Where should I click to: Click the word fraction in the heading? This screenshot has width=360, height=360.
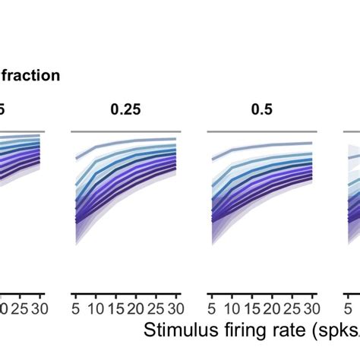30,75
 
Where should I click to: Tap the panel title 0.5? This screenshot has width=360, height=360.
262,109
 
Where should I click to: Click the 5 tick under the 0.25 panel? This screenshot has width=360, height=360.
76,308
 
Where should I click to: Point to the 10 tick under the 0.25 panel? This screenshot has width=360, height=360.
96,308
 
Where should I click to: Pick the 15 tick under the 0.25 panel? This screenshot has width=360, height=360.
115,308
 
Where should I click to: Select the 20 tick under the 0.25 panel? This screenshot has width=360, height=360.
136,308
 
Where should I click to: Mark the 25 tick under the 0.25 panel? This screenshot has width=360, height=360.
156,308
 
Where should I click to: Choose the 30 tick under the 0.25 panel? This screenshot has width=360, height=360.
175,308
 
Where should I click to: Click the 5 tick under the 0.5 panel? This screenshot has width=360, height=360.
213,308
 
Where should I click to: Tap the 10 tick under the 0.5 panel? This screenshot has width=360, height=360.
232,308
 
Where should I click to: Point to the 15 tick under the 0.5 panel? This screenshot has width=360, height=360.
251,308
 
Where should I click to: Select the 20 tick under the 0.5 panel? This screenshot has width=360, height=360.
271,308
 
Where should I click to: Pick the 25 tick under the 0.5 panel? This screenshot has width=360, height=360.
291,308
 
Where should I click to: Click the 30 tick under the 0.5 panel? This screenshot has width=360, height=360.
311,308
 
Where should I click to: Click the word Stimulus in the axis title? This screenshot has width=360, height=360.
180,331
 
